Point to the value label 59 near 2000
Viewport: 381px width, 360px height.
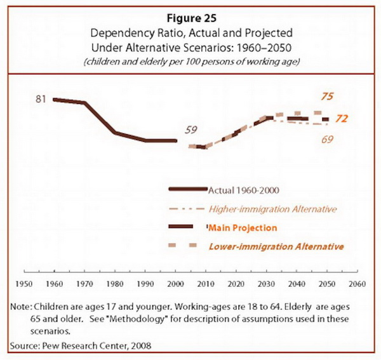pyautogui.click(x=190, y=131)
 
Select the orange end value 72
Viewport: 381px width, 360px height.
pyautogui.click(x=341, y=119)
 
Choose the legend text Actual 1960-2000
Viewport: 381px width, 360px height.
pyautogui.click(x=244, y=189)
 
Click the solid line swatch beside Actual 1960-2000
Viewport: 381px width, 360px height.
pyautogui.click(x=188, y=189)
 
